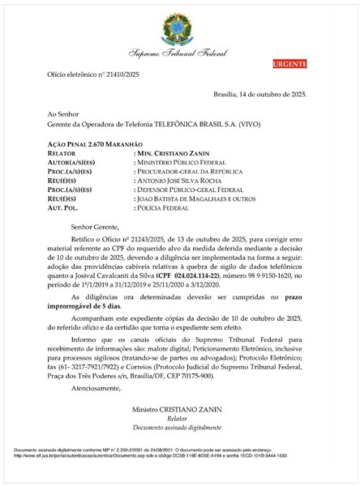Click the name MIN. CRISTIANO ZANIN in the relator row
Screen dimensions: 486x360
click(172, 152)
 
